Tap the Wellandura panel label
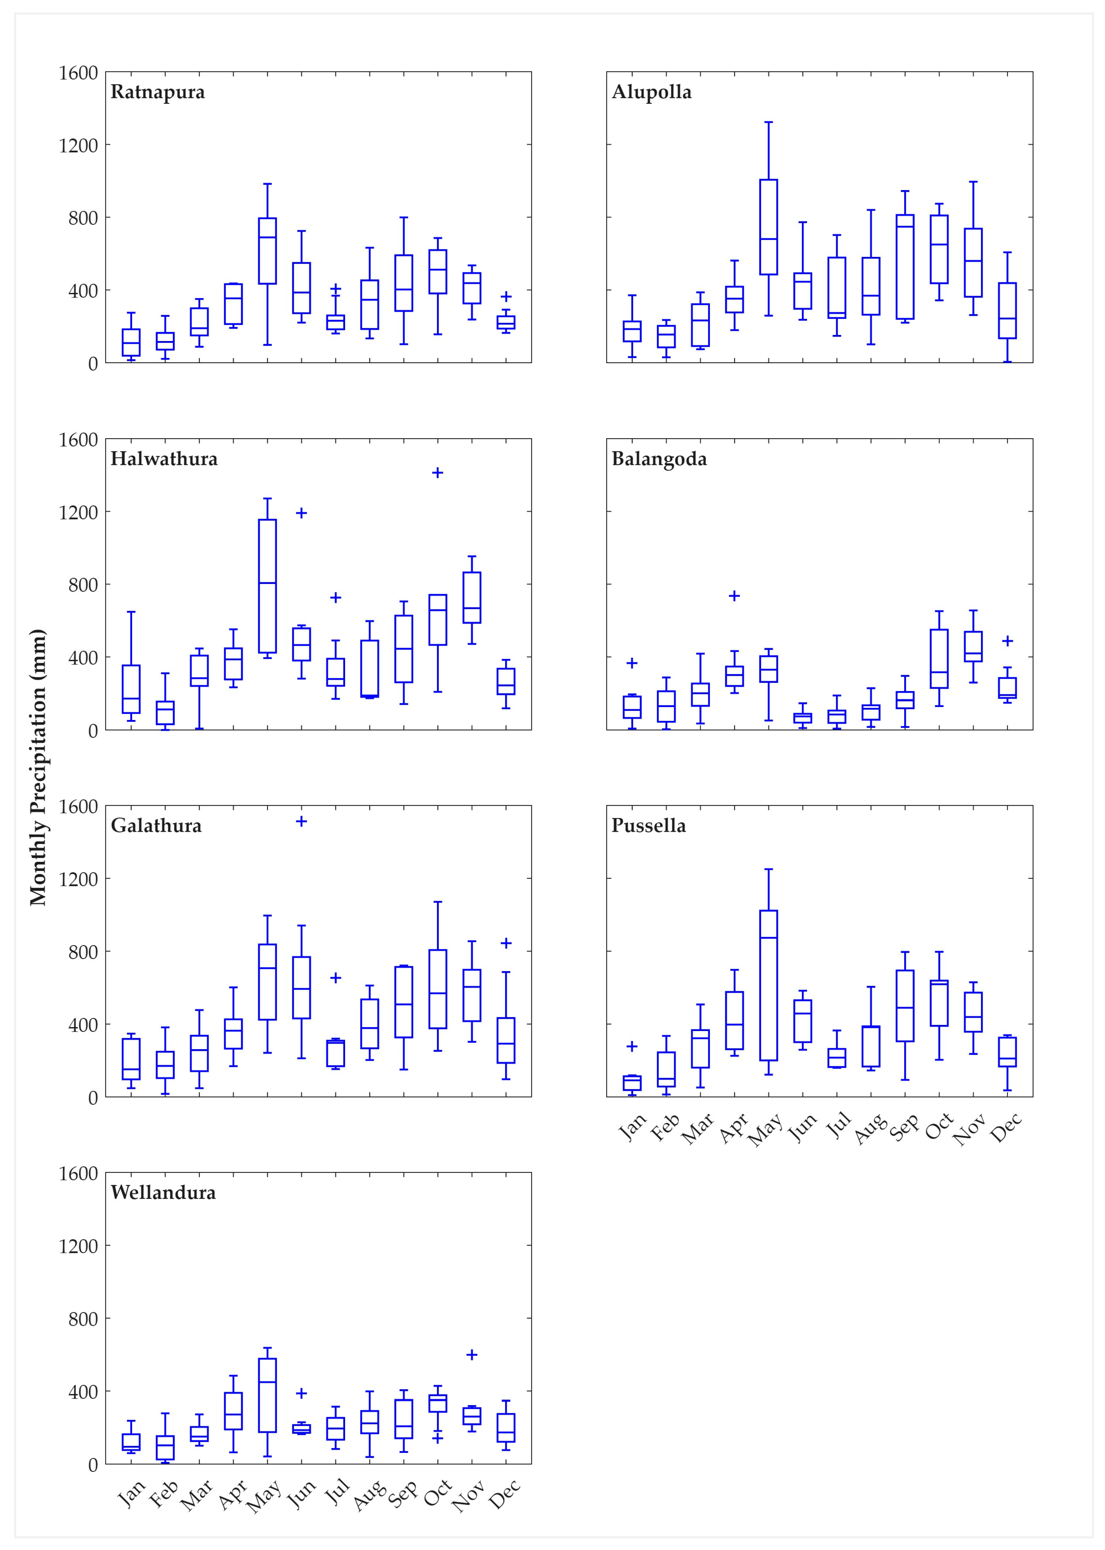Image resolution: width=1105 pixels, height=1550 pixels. coord(163,1192)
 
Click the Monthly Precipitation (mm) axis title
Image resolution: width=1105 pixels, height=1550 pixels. coord(38,767)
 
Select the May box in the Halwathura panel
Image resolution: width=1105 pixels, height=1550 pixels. coord(267,586)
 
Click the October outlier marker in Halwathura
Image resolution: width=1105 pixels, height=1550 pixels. coord(437,473)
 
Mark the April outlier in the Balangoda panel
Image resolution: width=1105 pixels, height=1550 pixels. coord(734,596)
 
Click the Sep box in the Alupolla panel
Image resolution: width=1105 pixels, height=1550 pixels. coord(905,267)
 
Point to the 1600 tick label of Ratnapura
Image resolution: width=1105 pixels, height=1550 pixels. coord(78,73)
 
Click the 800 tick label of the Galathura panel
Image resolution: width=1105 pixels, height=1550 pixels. coord(83,951)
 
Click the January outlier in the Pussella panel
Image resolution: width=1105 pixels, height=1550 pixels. coord(632,1046)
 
